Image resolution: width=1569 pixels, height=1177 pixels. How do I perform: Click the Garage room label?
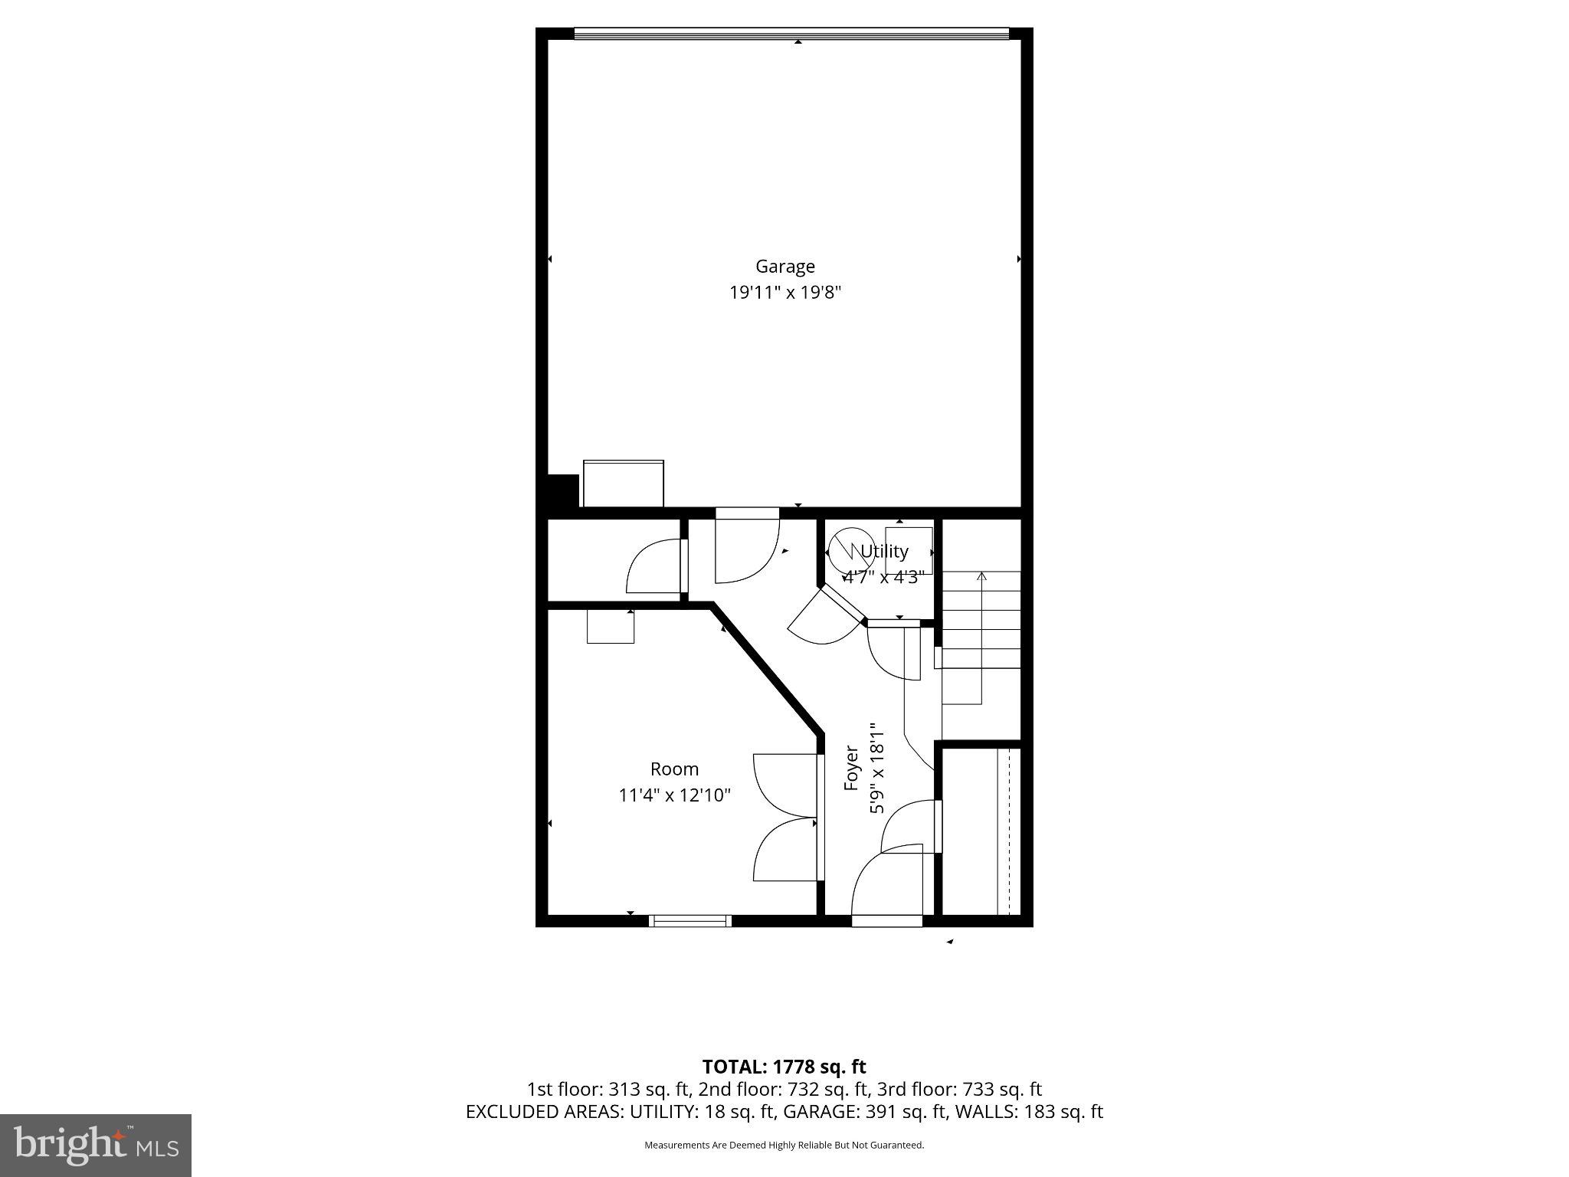[x=784, y=266]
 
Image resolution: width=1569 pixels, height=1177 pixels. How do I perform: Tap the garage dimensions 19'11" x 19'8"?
[x=784, y=292]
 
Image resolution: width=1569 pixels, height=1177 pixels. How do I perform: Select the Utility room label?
[x=884, y=551]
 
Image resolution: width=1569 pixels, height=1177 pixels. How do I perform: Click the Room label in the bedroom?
[x=674, y=769]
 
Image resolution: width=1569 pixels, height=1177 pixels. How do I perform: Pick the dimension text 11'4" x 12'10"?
[x=674, y=795]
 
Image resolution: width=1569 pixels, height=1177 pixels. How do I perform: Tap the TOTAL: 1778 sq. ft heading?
[x=784, y=1066]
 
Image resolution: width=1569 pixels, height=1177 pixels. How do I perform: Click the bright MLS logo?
[x=96, y=1145]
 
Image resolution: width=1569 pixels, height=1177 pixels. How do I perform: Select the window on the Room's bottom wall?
[x=690, y=920]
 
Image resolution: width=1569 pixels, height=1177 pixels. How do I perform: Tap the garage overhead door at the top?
[x=791, y=33]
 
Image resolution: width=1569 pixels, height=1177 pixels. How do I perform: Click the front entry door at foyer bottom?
[x=886, y=920]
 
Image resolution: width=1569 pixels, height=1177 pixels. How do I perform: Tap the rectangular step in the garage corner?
[x=623, y=483]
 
